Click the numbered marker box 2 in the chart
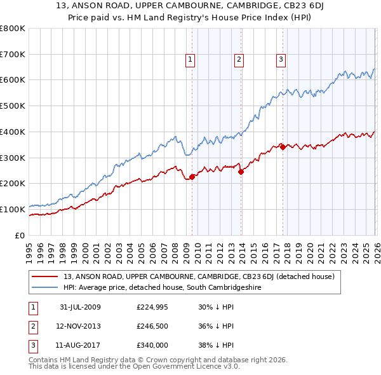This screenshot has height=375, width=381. pyautogui.click(x=239, y=60)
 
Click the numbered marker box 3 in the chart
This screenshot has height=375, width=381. pyautogui.click(x=281, y=60)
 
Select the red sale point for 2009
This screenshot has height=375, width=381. pyautogui.click(x=192, y=177)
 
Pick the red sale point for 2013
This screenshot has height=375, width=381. pyautogui.click(x=241, y=171)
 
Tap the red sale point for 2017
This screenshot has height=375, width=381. pyautogui.click(x=283, y=147)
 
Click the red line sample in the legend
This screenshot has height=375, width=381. pyautogui.click(x=44, y=276)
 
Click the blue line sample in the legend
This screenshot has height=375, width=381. pyautogui.click(x=44, y=287)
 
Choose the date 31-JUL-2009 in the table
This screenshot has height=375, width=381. pyautogui.click(x=80, y=308)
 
